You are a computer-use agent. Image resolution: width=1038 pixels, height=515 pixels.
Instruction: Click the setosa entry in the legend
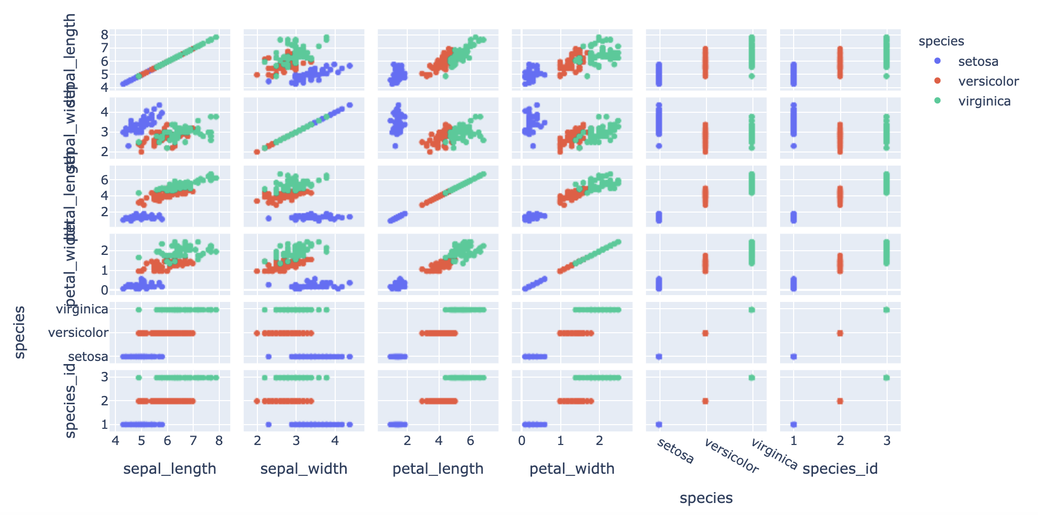(978, 62)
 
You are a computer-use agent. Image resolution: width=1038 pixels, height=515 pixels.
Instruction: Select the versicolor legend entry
(988, 81)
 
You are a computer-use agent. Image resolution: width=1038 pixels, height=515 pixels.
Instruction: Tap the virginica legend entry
(984, 101)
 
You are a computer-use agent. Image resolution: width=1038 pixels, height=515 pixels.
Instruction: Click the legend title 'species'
(941, 41)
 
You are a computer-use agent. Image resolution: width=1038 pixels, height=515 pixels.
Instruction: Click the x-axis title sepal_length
(170, 469)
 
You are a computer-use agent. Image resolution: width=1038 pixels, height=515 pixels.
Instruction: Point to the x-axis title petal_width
(572, 469)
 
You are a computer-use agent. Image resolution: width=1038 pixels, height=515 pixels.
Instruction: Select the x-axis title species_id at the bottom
(840, 469)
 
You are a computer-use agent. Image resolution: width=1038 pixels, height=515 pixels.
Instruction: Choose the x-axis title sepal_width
(304, 469)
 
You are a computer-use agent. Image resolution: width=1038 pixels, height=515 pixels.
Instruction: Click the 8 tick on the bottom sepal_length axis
(219, 441)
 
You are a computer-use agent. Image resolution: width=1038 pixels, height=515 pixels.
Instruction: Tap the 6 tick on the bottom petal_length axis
(470, 441)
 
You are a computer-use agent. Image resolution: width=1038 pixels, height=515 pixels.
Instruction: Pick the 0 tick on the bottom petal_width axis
(522, 441)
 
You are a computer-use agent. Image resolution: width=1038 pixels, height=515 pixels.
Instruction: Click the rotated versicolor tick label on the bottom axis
(731, 456)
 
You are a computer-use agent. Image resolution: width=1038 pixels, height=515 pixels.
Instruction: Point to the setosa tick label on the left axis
(88, 357)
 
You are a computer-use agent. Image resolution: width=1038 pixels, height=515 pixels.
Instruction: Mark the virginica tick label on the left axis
(82, 309)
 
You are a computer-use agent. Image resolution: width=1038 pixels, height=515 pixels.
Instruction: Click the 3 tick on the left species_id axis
(104, 377)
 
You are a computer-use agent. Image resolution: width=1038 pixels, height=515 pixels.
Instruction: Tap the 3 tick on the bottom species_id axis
(887, 441)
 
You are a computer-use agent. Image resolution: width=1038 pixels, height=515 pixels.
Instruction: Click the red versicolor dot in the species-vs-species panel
(705, 333)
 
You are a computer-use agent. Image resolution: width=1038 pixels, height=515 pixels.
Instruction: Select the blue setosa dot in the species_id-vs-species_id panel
(794, 424)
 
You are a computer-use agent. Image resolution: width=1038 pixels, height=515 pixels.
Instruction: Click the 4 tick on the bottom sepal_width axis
(335, 441)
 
